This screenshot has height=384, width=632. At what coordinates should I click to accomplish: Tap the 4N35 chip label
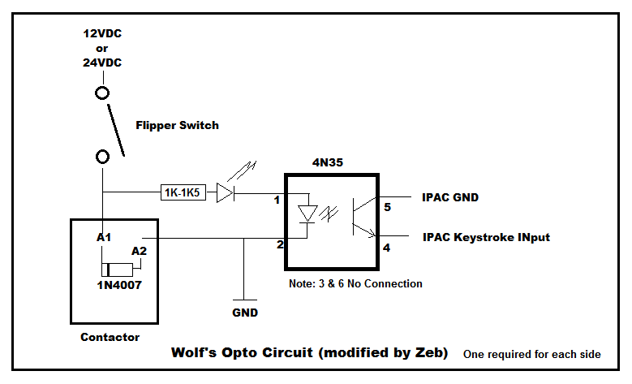(328, 162)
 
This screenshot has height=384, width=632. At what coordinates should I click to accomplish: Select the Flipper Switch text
(177, 126)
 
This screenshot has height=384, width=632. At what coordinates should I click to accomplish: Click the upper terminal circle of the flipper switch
(103, 93)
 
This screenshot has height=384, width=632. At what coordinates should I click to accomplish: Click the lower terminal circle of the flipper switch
(103, 156)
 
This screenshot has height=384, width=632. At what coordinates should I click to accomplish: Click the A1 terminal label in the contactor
(103, 238)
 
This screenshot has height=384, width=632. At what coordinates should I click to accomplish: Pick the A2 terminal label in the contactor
(139, 251)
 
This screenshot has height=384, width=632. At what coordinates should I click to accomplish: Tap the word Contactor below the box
(110, 337)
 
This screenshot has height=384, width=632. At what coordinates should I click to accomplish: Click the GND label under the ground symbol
(244, 313)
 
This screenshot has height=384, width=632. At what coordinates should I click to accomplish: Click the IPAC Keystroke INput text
(486, 237)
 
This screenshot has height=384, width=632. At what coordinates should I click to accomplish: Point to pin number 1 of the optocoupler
(277, 200)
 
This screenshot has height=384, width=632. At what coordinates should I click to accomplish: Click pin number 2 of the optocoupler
(277, 244)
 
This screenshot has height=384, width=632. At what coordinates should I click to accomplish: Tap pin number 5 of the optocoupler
(387, 207)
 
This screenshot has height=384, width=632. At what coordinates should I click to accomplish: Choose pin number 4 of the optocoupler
(387, 248)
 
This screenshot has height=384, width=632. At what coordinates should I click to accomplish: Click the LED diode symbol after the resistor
(226, 193)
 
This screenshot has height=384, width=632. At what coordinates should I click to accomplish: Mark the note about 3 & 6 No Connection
(355, 284)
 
